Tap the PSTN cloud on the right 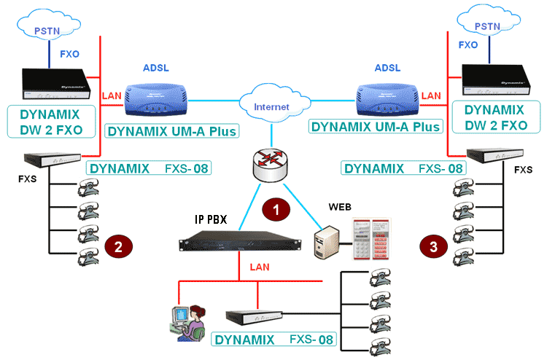click(489, 26)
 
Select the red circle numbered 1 click(275, 209)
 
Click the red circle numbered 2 click(119, 246)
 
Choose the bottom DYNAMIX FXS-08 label click(275, 340)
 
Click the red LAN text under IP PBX click(259, 267)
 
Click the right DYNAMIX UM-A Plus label click(376, 126)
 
